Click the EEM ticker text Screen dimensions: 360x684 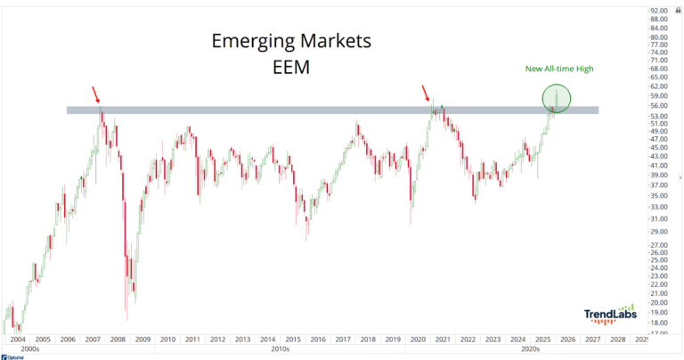click(x=290, y=67)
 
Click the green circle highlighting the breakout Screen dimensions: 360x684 click(x=556, y=96)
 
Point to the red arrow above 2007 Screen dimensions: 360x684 click(x=95, y=95)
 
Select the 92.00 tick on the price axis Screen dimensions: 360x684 click(x=660, y=11)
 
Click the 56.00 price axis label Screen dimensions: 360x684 click(x=660, y=105)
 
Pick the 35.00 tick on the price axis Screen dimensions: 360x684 click(x=660, y=195)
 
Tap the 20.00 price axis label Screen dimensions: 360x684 click(x=660, y=303)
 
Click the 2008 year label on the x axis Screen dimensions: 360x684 click(x=119, y=340)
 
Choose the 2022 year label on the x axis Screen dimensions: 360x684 click(x=467, y=340)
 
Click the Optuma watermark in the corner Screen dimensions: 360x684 click(x=12, y=356)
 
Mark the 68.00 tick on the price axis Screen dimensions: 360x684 click(x=660, y=69)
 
